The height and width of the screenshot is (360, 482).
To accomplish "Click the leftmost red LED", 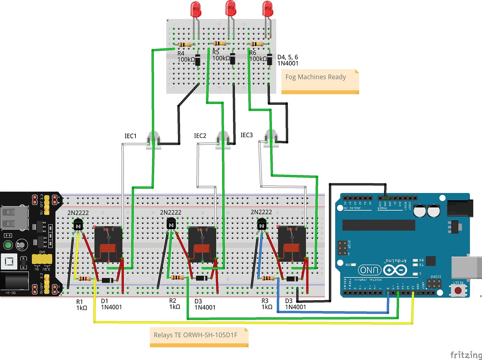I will click(196, 9).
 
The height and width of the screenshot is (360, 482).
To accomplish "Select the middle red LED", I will click(231, 8).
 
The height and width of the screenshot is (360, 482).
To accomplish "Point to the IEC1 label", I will click(130, 136).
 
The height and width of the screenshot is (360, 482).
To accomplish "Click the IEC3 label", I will click(247, 135).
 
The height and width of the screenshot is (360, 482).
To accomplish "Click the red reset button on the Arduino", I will click(458, 290).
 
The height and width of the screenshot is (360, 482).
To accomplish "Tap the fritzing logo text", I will click(465, 355).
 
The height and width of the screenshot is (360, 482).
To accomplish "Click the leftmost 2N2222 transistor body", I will click(78, 225).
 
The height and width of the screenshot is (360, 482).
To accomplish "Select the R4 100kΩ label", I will click(186, 57).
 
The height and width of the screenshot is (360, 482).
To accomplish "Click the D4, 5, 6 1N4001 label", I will click(287, 60).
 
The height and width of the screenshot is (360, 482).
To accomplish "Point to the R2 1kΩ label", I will click(175, 304).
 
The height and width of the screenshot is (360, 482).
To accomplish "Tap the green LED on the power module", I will click(8, 246).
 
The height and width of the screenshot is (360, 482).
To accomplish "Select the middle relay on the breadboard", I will click(202, 244).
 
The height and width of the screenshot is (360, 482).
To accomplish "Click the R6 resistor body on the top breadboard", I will click(257, 44).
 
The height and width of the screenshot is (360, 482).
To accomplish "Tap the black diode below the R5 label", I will click(233, 59).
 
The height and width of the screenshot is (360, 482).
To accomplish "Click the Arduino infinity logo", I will click(395, 270).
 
